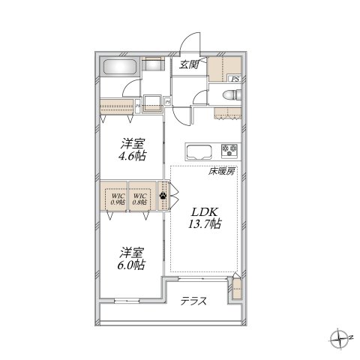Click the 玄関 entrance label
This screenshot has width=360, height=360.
pos(188,64)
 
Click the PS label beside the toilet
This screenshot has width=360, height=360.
pos(235,78)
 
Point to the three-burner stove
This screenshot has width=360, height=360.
pos(229,150)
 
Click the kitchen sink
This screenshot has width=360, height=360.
pos(199,149)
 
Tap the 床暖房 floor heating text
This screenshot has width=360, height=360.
pos(222,171)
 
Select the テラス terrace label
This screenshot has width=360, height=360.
pos(193,301)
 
